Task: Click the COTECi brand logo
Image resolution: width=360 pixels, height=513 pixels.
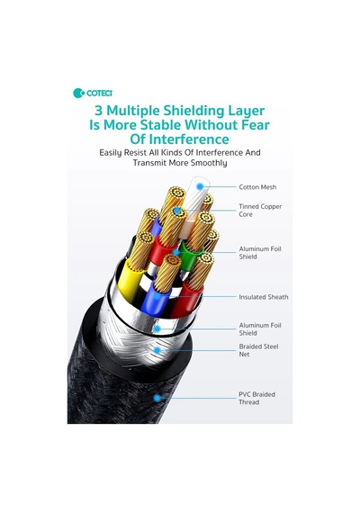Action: (93, 93)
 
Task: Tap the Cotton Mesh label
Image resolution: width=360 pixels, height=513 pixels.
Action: (257, 187)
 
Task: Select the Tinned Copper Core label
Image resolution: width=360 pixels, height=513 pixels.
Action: (260, 210)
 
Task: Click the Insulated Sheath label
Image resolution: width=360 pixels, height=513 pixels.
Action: (264, 297)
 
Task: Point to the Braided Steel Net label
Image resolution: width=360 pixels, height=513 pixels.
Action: (258, 350)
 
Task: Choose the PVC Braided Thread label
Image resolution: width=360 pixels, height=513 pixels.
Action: (256, 398)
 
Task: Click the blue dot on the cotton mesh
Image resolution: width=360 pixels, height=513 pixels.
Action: (200, 186)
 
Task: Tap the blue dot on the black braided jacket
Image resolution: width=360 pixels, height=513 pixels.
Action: (157, 398)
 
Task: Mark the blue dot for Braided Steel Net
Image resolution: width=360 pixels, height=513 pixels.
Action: (157, 350)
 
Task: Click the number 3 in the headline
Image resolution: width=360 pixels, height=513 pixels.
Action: (98, 111)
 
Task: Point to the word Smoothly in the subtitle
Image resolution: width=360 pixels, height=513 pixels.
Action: (209, 163)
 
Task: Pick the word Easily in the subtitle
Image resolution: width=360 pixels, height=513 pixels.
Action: (111, 153)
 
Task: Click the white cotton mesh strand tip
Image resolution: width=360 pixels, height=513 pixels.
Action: (200, 184)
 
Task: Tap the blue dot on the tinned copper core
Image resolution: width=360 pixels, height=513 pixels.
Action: (177, 211)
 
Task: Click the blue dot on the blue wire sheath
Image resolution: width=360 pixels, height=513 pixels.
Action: (157, 297)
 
